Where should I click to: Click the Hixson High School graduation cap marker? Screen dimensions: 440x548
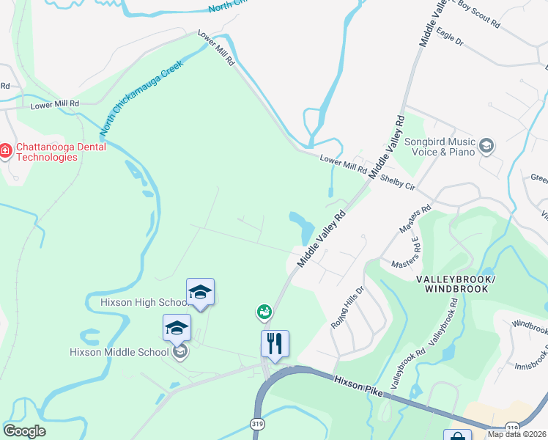point(200,292)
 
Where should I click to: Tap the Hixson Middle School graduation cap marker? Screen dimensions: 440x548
point(177,328)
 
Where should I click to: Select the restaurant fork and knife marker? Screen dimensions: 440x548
point(275,343)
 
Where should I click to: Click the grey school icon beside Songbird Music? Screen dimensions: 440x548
point(486,147)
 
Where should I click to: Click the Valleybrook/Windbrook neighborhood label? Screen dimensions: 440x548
point(456,285)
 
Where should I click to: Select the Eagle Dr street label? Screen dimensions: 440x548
point(449,37)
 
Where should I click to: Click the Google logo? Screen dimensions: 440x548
point(24,431)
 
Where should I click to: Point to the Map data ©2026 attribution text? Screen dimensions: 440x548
point(516,434)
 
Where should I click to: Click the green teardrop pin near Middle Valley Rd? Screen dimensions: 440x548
point(264,312)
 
